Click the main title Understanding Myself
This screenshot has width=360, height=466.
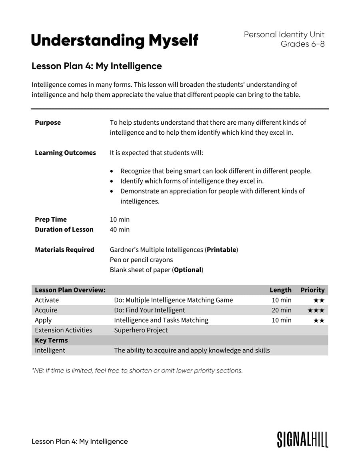pyautogui.click(x=114, y=40)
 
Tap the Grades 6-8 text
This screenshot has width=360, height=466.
pyautogui.click(x=302, y=44)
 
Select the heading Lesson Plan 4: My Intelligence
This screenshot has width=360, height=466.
pyautogui.click(x=96, y=66)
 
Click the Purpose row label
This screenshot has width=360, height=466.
pyautogui.click(x=48, y=123)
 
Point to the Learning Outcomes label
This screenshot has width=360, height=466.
pyautogui.click(x=65, y=153)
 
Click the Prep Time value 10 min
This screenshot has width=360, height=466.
pyautogui.click(x=120, y=219)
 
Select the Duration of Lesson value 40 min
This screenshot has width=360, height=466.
pyautogui.click(x=120, y=229)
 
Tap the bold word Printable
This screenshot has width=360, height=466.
pyautogui.click(x=221, y=250)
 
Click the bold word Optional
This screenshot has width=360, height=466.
pyautogui.click(x=188, y=270)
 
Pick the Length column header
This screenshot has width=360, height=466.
pyautogui.click(x=280, y=290)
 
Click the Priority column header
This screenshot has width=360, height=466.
pyautogui.click(x=312, y=290)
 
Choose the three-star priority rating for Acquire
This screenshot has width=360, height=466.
pyautogui.click(x=316, y=310)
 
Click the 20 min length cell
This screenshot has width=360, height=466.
pyautogui.click(x=282, y=310)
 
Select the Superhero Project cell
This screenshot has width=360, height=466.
pyautogui.click(x=141, y=330)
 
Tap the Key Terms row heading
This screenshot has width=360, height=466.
pyautogui.click(x=51, y=341)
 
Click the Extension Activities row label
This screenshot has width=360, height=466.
pyautogui.click(x=63, y=330)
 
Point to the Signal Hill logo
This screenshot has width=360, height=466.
pyautogui.click(x=302, y=439)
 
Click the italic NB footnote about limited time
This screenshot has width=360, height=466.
pyautogui.click(x=137, y=370)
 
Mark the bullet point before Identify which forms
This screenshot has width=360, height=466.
pyautogui.click(x=112, y=181)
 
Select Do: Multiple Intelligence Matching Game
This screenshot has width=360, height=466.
pyautogui.click(x=173, y=300)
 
